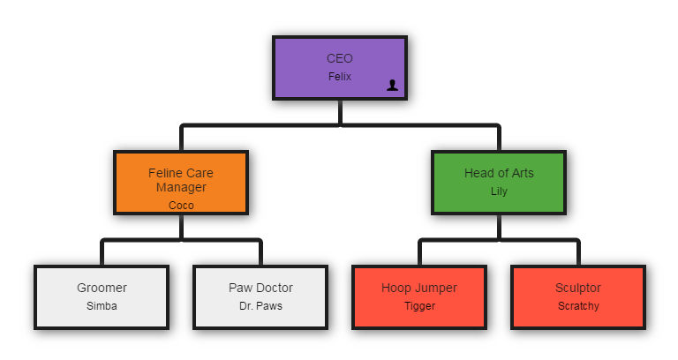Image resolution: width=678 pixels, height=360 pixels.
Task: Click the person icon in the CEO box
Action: click(392, 85)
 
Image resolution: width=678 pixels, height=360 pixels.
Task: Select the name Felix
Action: click(340, 77)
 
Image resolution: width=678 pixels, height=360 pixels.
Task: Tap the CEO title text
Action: click(340, 58)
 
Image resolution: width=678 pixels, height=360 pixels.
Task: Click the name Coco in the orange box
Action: click(181, 206)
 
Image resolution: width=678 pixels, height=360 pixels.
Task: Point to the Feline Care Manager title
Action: click(181, 180)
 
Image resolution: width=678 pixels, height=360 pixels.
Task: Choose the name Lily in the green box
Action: click(499, 191)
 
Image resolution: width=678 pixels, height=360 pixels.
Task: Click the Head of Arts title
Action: click(499, 173)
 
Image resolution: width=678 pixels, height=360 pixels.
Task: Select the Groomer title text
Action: click(102, 288)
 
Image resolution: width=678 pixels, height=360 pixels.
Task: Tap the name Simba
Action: click(102, 306)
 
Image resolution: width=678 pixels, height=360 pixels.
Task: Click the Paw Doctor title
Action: click(260, 288)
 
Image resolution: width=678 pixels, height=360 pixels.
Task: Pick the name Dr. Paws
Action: click(260, 306)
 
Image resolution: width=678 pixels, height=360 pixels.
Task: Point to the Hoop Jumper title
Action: click(419, 288)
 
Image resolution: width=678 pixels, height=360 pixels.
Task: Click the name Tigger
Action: click(420, 306)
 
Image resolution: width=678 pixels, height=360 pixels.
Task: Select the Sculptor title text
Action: click(578, 288)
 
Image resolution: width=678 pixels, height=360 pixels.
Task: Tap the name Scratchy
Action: click(578, 306)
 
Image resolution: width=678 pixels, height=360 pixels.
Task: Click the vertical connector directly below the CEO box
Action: click(340, 112)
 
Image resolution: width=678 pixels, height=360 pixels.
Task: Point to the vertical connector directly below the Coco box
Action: click(181, 227)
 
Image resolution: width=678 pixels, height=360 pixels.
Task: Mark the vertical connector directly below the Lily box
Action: click(499, 227)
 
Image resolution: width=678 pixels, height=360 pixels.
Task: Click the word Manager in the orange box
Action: click(181, 188)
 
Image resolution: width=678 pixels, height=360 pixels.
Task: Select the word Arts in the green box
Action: click(524, 173)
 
